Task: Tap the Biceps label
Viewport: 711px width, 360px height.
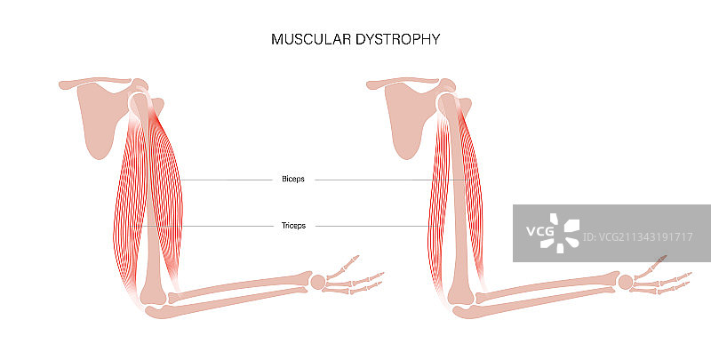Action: click(x=292, y=179)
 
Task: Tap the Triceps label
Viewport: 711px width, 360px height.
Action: click(x=292, y=226)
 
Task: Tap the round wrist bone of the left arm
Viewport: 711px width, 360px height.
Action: click(x=319, y=282)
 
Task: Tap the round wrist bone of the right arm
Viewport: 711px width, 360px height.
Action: click(x=626, y=282)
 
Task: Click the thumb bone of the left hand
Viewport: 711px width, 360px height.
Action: click(x=351, y=260)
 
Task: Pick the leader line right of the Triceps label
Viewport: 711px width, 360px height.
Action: click(x=373, y=227)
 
